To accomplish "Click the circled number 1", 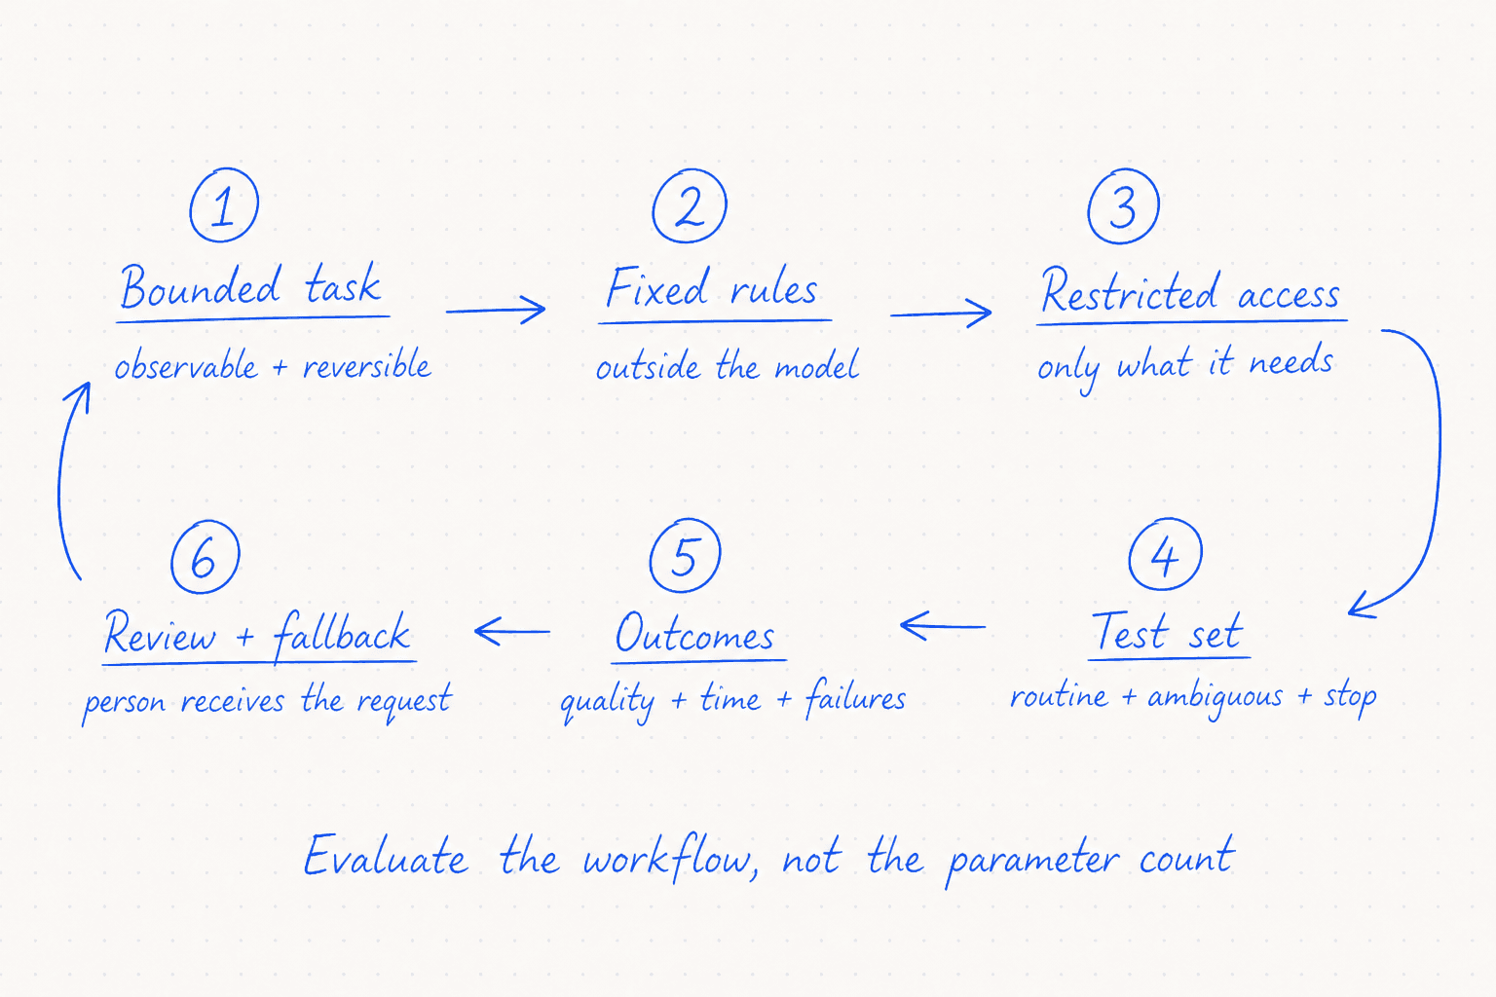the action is pos(224,205).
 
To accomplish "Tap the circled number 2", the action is pos(690,205).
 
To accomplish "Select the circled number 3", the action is pos(1123,206).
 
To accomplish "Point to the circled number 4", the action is pos(1166,554).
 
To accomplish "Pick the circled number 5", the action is pos(686,555).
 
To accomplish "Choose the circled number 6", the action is pos(206,556).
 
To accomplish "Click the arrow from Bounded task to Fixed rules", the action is pos(496,310).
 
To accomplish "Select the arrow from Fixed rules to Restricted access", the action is pos(940,314).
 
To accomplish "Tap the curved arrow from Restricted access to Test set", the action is pos(1439,461).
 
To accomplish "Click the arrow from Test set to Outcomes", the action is pos(943,626).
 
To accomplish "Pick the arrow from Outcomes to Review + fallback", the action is pos(512,631).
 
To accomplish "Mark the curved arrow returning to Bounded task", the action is pos(59,481).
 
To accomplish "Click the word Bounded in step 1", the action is pos(200,286).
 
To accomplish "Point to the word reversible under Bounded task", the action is pos(366,364).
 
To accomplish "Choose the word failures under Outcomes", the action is pos(855,698).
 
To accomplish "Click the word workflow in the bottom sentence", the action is pos(670,858).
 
